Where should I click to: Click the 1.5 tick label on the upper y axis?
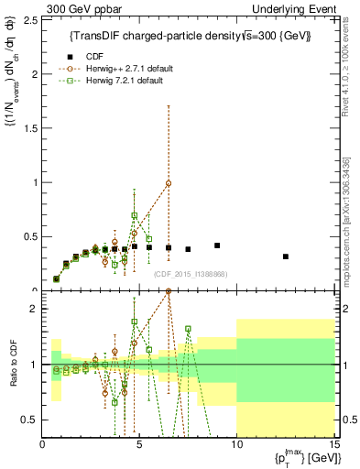[x=31, y=127]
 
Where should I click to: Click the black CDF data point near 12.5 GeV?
[x=285, y=256]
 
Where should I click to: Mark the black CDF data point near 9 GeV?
[x=217, y=245]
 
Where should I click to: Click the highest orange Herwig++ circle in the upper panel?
[x=169, y=183]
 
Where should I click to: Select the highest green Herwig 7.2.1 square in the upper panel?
[x=135, y=215]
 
